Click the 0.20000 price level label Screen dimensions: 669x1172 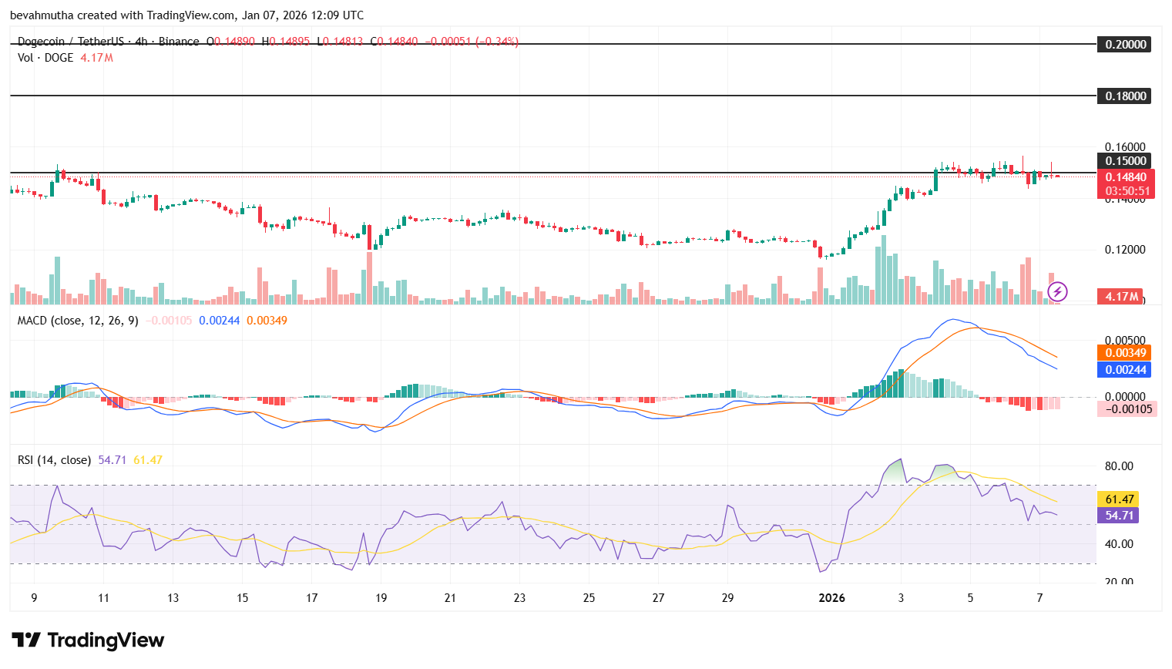click(1125, 45)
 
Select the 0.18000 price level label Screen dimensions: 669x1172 click(1125, 96)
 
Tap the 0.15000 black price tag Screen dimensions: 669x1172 click(1125, 161)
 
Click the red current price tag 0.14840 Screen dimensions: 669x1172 click(1126, 177)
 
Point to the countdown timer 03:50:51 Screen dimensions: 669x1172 click(1127, 191)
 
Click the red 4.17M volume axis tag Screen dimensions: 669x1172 click(1121, 297)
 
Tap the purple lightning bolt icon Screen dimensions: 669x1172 click(1057, 291)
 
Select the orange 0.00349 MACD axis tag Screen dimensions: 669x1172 click(1126, 353)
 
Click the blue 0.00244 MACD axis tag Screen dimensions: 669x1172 click(1126, 370)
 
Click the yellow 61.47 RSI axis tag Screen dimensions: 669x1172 click(1119, 499)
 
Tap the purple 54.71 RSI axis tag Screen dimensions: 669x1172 click(1119, 516)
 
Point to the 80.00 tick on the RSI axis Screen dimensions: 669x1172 click(1119, 466)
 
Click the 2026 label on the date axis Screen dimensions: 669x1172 click(831, 598)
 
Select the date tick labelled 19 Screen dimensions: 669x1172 click(381, 598)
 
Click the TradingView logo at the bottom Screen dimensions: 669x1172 click(88, 640)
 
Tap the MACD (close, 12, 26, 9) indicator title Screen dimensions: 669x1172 click(78, 321)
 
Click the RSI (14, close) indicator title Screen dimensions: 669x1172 click(54, 460)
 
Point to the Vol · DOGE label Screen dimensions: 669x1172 click(45, 58)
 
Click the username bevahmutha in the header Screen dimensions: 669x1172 click(42, 15)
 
